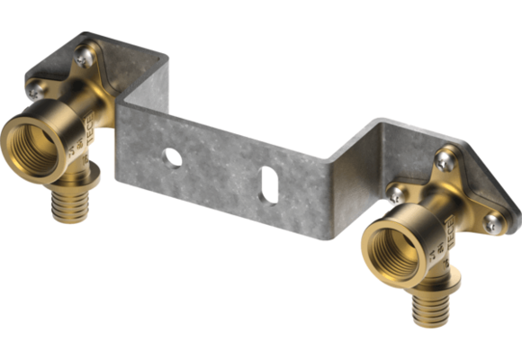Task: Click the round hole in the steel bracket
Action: pos(173,157)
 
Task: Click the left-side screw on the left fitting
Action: pos(37,88)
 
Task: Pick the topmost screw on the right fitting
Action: pos(444,160)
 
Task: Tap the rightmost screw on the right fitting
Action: pos(491,221)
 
